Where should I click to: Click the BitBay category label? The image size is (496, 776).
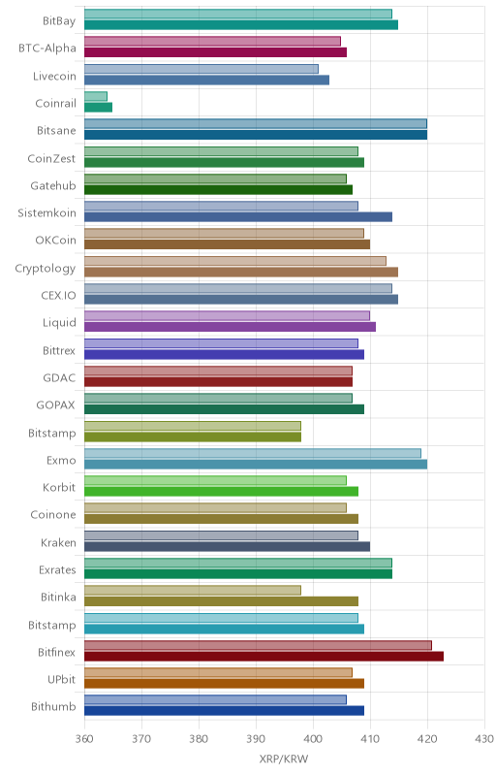59,20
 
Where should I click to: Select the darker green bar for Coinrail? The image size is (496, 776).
98,108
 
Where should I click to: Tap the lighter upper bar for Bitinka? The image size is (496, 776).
193,591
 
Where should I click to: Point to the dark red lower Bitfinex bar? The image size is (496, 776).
263,657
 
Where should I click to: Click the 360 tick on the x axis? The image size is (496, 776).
84,739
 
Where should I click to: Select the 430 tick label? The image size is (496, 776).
484,739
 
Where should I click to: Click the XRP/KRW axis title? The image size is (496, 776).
284,760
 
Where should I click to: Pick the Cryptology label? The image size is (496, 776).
46,269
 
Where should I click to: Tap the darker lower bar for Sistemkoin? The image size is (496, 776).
238,216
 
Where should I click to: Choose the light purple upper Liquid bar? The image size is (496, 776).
228,316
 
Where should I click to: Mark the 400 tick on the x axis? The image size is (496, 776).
313,739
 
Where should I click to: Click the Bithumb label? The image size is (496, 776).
53,707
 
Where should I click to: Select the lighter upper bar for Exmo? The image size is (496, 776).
253,453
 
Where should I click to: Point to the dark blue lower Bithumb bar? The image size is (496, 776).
225,711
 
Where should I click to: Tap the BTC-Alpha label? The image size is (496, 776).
47,48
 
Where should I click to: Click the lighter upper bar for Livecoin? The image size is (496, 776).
201,69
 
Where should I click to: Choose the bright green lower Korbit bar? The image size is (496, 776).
221,492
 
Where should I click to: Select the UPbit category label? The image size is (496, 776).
62,680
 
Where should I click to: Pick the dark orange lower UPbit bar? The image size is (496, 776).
225,684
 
